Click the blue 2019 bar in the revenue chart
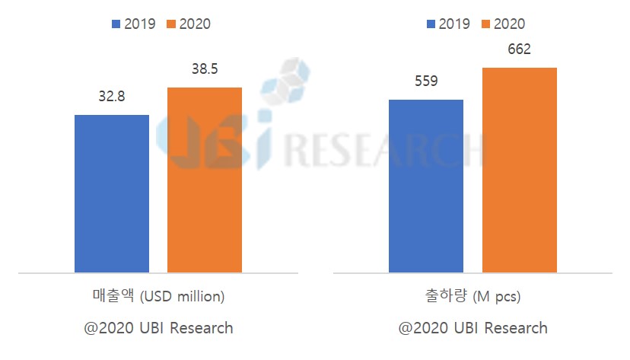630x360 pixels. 112,193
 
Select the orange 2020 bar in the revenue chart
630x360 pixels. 205,180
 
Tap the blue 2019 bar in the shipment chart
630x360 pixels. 425,186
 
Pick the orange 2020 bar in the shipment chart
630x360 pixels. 519,170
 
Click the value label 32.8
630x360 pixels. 112,97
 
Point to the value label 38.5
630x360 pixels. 205,70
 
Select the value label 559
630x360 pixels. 425,81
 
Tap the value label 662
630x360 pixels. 518,50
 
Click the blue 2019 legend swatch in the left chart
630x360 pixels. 116,24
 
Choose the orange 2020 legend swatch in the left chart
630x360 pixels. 171,24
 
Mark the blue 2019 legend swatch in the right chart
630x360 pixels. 431,24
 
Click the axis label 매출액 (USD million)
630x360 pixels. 158,296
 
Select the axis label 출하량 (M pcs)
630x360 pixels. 472,296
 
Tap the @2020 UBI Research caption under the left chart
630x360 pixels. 158,328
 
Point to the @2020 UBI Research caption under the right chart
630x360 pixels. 473,328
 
